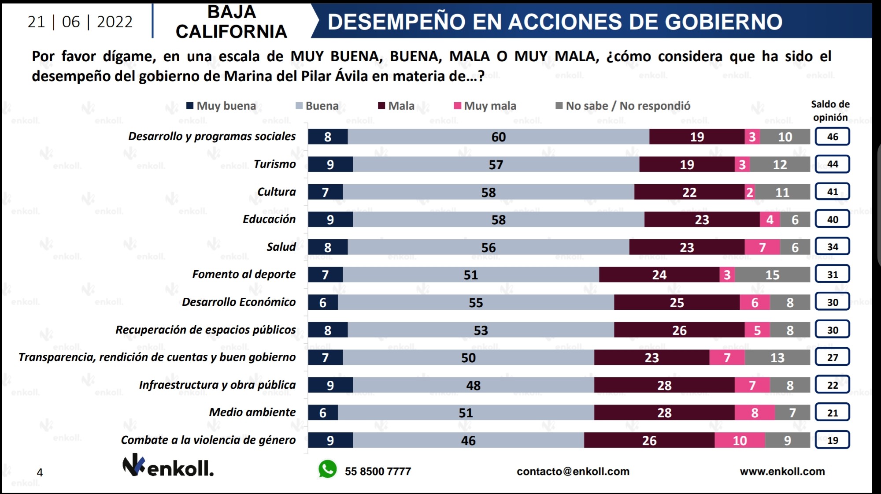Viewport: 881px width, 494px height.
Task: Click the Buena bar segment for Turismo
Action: coord(496,164)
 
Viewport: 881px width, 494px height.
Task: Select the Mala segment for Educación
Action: coord(702,219)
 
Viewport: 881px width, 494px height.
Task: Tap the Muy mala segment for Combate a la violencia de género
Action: coord(740,440)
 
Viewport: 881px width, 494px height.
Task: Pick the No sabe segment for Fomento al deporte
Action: coord(772,275)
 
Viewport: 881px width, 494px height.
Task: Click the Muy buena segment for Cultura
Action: coord(325,192)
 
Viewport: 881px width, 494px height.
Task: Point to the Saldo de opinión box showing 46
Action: coord(832,137)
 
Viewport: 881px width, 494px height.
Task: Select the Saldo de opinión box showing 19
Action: coord(832,440)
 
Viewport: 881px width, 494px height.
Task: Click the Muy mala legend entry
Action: coord(485,106)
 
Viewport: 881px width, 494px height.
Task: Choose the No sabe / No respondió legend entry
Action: coord(623,106)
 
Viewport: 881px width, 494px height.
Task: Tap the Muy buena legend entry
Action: coord(221,106)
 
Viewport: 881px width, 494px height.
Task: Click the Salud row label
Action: coord(281,247)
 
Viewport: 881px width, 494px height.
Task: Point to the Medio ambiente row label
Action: coord(252,412)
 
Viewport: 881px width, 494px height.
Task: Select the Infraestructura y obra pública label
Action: coord(217,385)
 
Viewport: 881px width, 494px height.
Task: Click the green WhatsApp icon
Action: coord(327,469)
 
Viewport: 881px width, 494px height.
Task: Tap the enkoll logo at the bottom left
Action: coord(168,466)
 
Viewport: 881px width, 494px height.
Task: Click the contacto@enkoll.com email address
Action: coord(573,471)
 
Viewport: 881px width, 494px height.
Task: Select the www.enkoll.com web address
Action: coord(782,471)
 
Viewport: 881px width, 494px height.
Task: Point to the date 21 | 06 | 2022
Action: coord(80,22)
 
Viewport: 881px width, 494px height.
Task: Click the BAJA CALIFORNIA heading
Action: coord(231,22)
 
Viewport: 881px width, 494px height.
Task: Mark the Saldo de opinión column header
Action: coord(830,111)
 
